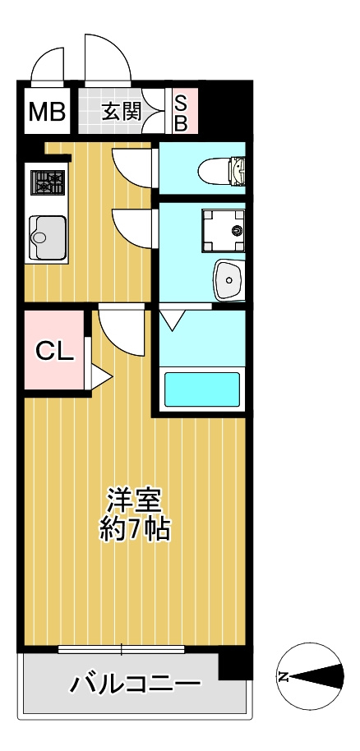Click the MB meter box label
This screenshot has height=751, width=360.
(47, 112)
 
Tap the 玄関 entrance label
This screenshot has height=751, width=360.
(121, 112)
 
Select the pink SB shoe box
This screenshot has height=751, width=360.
(182, 112)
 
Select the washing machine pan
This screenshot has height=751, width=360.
(223, 229)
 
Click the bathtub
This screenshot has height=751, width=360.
(201, 389)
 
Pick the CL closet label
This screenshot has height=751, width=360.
(54, 351)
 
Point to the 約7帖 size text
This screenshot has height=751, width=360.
(135, 529)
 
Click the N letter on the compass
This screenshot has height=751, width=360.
(284, 677)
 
